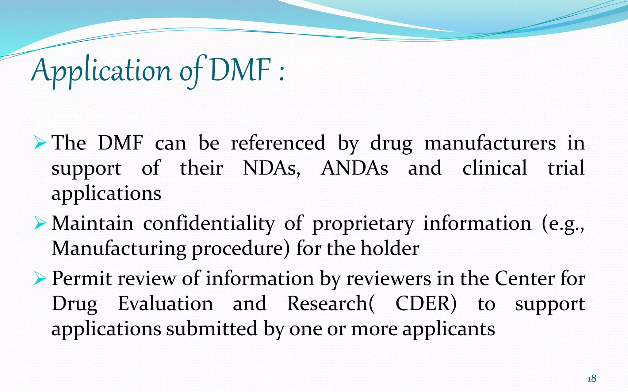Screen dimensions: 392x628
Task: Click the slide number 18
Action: click(592, 379)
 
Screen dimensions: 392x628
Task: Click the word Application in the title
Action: click(101, 70)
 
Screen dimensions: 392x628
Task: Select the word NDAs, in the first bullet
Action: click(272, 168)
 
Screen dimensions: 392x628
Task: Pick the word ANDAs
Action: click(354, 168)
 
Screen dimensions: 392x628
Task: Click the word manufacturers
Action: click(490, 143)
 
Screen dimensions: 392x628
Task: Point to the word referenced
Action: click(278, 143)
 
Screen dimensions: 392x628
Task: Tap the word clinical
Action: click(495, 168)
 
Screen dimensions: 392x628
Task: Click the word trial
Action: click(566, 168)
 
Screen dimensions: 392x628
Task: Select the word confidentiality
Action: click(209, 224)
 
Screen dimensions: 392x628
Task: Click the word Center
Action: click(525, 279)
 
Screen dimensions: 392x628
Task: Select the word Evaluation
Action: click(166, 304)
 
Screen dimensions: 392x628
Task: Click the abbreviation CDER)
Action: click(426, 304)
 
